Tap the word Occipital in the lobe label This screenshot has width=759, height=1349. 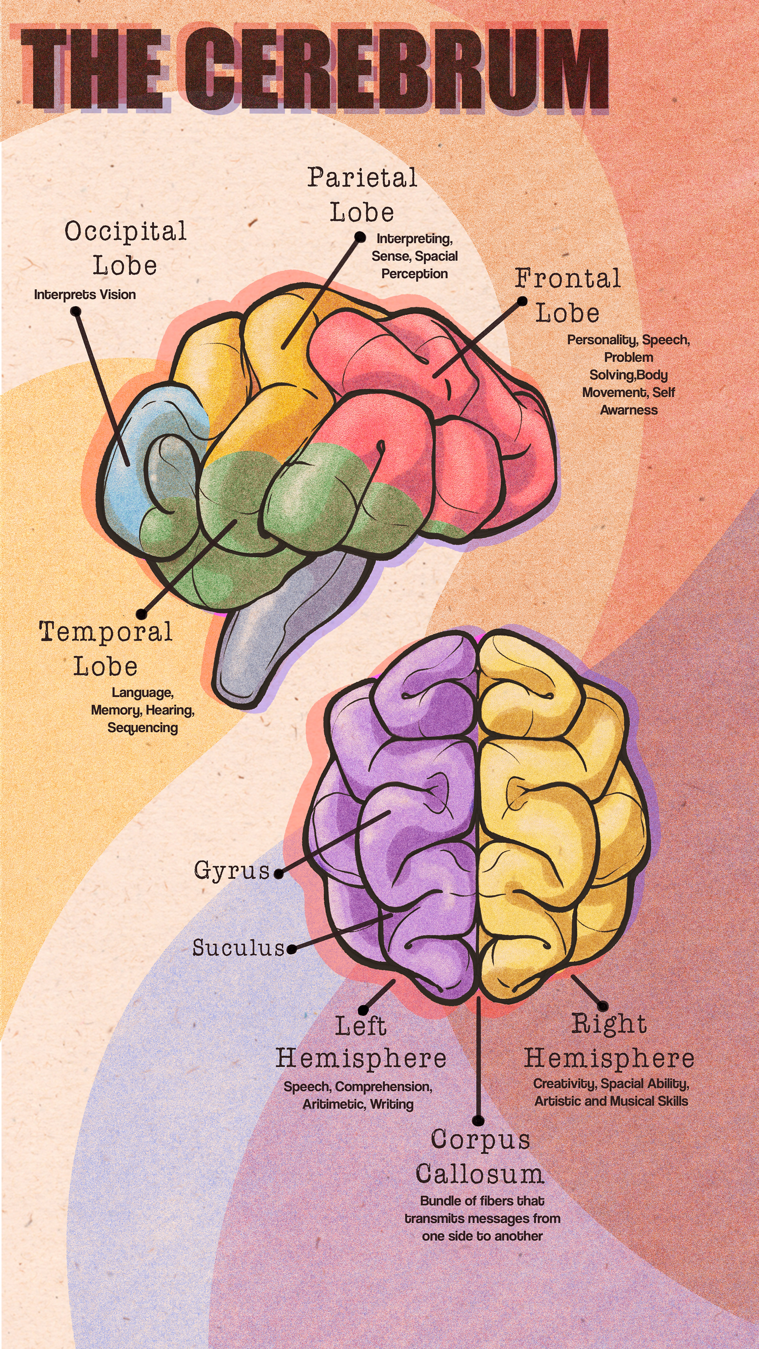tap(126, 232)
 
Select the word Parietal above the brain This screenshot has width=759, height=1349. tap(362, 177)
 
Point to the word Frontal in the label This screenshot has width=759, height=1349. tap(567, 279)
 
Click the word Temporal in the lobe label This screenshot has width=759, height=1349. tap(106, 632)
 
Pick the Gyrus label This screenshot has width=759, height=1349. tap(232, 870)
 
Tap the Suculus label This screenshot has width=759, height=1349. tap(238, 948)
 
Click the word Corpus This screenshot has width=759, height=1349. tap(480, 1140)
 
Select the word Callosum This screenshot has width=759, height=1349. tap(480, 1175)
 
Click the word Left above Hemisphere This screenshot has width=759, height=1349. tap(361, 1026)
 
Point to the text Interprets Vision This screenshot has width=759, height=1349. tap(85, 295)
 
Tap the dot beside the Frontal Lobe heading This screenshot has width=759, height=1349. tap(522, 301)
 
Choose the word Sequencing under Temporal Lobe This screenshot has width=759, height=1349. tap(142, 728)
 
